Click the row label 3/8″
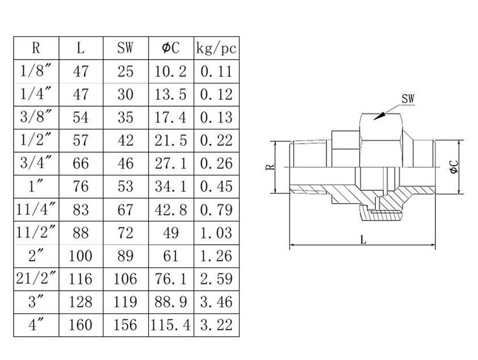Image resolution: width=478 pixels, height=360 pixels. pos(36,117)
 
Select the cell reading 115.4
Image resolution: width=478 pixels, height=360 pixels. pos(170,325)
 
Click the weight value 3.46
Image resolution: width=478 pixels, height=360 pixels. pos(216,302)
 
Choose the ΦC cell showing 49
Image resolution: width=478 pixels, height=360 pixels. pos(170,232)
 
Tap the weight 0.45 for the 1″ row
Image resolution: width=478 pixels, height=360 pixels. pos(216,186)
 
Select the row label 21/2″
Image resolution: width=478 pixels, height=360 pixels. pos(36,278)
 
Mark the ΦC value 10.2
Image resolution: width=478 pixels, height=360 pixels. pos(170,71)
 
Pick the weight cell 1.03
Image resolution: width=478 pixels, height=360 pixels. pos(216,232)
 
